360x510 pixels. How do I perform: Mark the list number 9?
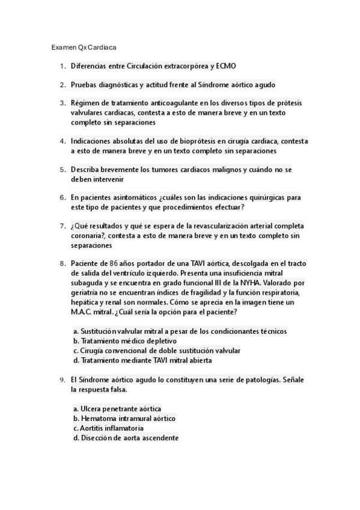63,380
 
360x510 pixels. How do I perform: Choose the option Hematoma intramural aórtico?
124,419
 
